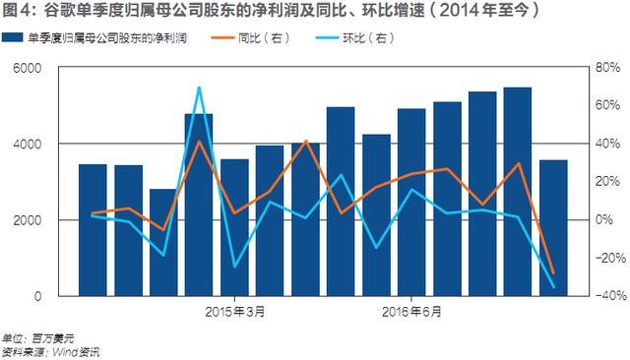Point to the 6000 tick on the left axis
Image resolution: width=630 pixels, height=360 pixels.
click(x=27, y=68)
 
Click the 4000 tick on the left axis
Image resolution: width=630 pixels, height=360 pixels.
click(x=27, y=144)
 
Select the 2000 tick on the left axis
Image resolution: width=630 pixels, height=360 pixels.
click(x=27, y=220)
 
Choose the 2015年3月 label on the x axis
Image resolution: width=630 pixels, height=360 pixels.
click(x=234, y=312)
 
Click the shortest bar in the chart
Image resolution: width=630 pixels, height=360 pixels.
click(x=163, y=242)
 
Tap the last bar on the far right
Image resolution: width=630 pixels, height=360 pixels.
click(x=552, y=227)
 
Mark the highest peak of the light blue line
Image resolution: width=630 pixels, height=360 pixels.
click(x=199, y=88)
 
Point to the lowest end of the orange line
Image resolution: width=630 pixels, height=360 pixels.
click(x=553, y=272)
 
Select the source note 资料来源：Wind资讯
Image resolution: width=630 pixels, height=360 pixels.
click(x=51, y=351)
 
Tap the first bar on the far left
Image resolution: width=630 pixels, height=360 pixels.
click(x=93, y=229)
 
